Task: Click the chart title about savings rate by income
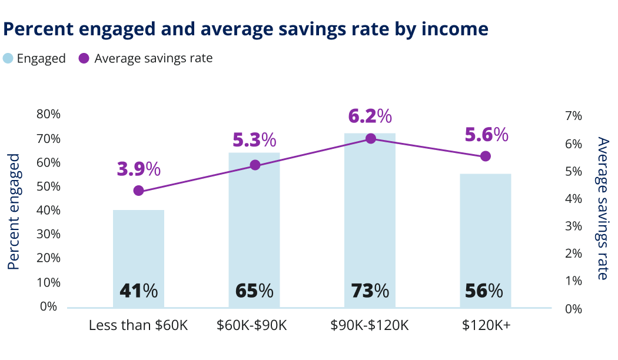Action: (246, 29)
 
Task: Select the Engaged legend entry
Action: (35, 58)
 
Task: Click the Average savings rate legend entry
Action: (145, 58)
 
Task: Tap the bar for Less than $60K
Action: (138, 247)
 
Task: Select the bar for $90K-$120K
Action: (370, 212)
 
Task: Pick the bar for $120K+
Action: (485, 235)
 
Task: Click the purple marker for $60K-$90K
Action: (255, 165)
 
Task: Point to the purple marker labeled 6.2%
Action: (370, 139)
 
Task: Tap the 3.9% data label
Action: (138, 169)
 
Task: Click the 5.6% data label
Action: (486, 135)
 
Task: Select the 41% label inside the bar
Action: (138, 291)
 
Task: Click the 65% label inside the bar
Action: (254, 291)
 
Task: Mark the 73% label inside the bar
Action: (370, 291)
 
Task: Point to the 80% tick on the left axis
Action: (48, 115)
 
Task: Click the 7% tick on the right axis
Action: (573, 116)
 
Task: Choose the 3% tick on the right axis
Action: (573, 226)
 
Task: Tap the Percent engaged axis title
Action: (14, 212)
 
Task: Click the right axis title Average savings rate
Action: (602, 208)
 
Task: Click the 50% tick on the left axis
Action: (48, 186)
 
